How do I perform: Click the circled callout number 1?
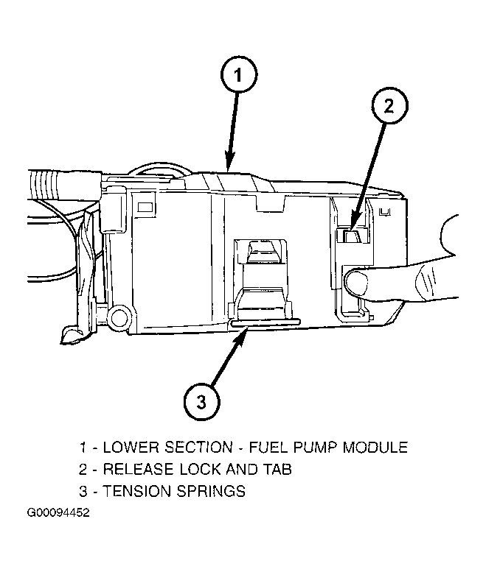coord(239,75)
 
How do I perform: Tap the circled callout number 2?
coord(390,106)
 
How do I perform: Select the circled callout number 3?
coord(202,403)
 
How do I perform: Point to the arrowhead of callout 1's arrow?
coord(229,163)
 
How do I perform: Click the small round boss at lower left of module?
coord(119,317)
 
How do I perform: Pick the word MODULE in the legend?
coord(375,448)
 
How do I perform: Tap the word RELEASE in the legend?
coord(138,469)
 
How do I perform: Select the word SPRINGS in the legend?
coord(211,491)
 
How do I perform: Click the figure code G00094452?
coord(58,512)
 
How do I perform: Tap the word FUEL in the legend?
coord(268,448)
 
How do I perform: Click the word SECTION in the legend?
coord(199,448)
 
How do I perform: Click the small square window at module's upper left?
coord(145,207)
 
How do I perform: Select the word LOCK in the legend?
coord(200,469)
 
